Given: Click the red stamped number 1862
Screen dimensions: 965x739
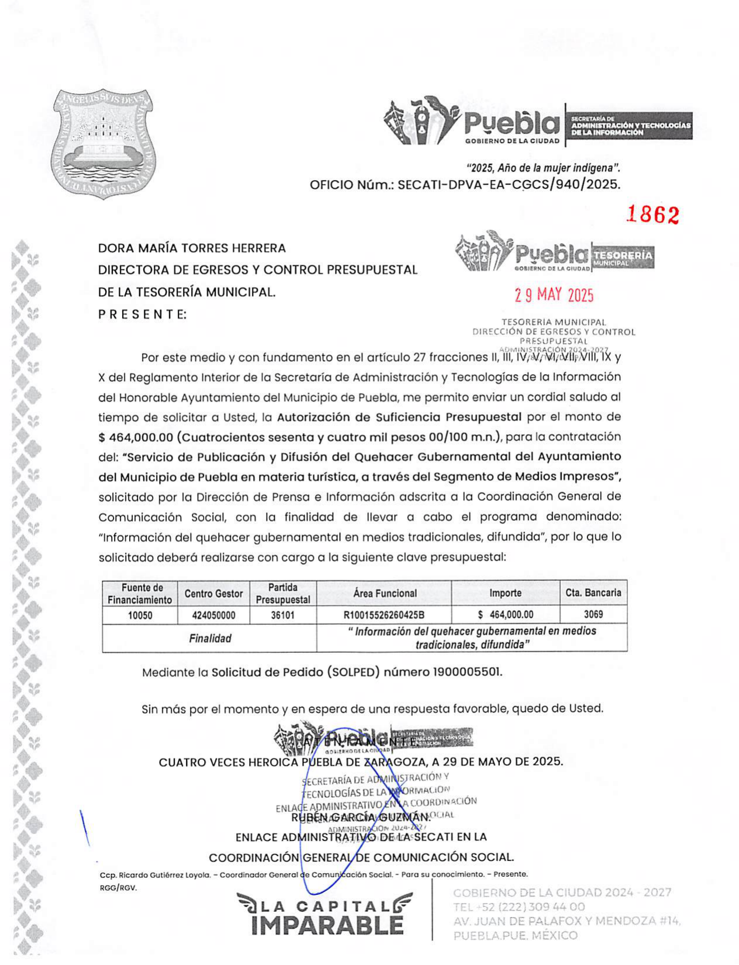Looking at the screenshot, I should [652, 215].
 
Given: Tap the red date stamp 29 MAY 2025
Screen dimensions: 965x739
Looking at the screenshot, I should [554, 295].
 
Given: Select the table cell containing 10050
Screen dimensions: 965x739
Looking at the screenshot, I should [140, 615].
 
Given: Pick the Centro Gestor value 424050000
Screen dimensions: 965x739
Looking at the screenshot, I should [213, 615].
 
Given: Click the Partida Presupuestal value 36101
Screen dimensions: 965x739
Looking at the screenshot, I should [283, 615].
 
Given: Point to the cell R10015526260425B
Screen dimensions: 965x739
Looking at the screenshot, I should [384, 615].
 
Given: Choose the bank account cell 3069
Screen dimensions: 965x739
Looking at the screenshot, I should [593, 614].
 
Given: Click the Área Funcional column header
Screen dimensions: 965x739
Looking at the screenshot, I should [385, 593].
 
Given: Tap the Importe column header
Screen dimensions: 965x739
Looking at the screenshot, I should [505, 593].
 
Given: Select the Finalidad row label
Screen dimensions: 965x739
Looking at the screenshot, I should [210, 638].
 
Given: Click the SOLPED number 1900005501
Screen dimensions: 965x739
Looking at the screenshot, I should [467, 672].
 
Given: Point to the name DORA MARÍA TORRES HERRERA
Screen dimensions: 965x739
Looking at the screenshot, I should [192, 248].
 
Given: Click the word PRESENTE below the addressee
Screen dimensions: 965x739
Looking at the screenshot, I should [142, 314].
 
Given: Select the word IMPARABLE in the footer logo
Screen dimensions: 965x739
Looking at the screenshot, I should [327, 925].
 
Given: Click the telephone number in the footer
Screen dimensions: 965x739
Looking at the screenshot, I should [519, 907].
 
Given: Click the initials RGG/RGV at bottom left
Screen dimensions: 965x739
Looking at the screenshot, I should [118, 888].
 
